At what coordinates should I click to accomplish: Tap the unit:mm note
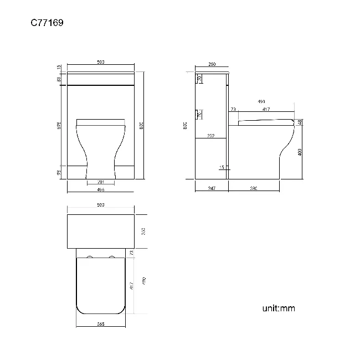[x=279, y=308]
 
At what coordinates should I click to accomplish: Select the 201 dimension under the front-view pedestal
[x=101, y=182]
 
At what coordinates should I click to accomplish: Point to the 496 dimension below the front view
[x=101, y=189]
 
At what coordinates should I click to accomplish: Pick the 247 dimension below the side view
[x=211, y=189]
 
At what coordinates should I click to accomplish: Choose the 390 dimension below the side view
[x=254, y=189]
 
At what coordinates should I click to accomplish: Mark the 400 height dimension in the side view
[x=300, y=152]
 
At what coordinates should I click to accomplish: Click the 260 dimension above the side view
[x=212, y=65]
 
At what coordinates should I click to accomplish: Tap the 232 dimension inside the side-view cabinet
[x=211, y=136]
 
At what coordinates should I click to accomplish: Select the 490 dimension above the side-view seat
[x=260, y=102]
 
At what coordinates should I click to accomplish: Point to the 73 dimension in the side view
[x=233, y=110]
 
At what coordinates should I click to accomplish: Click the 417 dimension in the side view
[x=266, y=110]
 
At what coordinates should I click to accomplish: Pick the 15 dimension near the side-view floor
[x=221, y=167]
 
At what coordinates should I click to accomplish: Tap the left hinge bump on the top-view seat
[x=90, y=258]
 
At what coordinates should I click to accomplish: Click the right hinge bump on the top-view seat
[x=112, y=258]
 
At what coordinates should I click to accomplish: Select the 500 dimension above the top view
[x=101, y=205]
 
